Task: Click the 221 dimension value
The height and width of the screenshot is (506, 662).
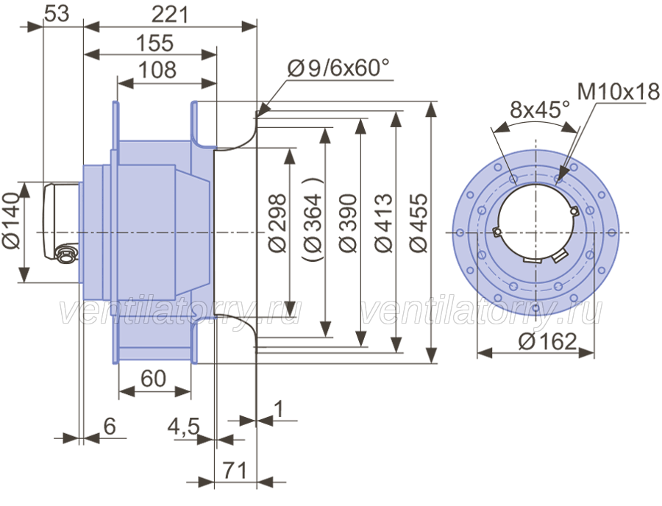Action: coord(170,15)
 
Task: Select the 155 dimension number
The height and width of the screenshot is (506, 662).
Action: coord(154,43)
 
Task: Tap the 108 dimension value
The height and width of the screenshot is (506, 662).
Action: coord(157,70)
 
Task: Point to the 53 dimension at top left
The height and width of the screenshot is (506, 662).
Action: coord(57,13)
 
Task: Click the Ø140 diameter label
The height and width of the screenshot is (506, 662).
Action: coord(11,221)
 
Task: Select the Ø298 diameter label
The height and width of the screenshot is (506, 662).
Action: coord(277,224)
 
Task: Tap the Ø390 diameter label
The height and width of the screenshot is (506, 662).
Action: coord(349,224)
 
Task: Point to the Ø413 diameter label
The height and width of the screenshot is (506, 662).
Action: coord(383,224)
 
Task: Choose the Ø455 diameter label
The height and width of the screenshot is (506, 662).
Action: coord(419,224)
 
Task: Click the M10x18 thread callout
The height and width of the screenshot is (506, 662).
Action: coord(618,92)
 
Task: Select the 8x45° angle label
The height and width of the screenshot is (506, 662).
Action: coord(540,110)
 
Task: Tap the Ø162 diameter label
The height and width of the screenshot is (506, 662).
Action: coord(547,341)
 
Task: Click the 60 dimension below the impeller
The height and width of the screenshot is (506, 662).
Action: coord(153,379)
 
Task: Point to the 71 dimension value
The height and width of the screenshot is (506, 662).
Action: coord(235,470)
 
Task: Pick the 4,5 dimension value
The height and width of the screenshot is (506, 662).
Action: coord(184,427)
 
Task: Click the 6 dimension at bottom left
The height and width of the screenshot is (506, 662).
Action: coord(110,427)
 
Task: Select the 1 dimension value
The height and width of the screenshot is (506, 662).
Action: coord(279,408)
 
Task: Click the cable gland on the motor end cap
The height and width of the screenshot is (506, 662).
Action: coord(65,254)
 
